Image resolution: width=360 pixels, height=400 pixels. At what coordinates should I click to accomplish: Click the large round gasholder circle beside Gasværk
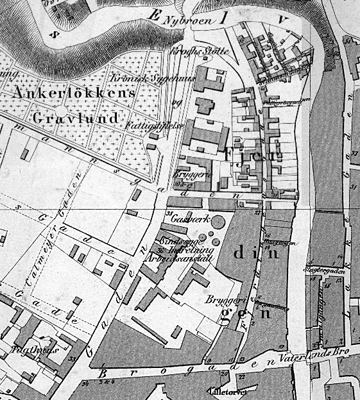click(x=218, y=222)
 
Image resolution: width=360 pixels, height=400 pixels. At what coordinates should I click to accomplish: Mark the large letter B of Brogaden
click(x=103, y=373)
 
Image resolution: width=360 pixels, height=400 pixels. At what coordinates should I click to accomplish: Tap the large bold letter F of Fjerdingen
click(x=230, y=154)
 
